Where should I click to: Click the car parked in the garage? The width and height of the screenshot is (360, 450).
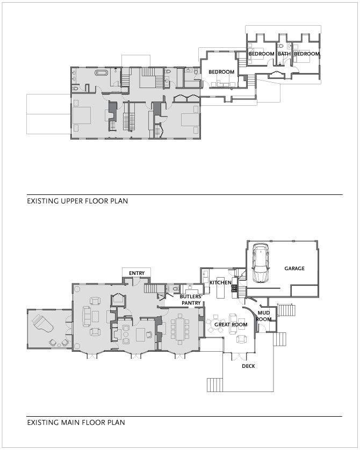261,263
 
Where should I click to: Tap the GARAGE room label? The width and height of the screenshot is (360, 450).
294,268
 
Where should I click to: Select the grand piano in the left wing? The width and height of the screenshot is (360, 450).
43,323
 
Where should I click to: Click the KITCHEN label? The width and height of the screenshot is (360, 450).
220,282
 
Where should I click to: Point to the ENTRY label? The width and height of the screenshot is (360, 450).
136,273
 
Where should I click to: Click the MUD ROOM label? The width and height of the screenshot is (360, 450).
263,316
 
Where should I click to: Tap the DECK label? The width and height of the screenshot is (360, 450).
248,366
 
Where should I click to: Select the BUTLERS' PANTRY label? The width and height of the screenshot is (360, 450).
191,300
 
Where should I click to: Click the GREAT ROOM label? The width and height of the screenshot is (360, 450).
231,324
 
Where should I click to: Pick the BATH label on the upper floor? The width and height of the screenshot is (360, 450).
284,54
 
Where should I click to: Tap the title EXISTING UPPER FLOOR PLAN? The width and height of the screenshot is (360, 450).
77,201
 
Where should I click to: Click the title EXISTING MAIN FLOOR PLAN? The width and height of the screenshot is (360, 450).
76,422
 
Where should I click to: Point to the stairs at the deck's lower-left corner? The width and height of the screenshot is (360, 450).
215,385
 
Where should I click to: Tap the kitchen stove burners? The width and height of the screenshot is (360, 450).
234,288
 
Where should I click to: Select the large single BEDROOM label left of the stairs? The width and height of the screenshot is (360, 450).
221,72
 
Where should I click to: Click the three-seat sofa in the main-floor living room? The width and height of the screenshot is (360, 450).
86,316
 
